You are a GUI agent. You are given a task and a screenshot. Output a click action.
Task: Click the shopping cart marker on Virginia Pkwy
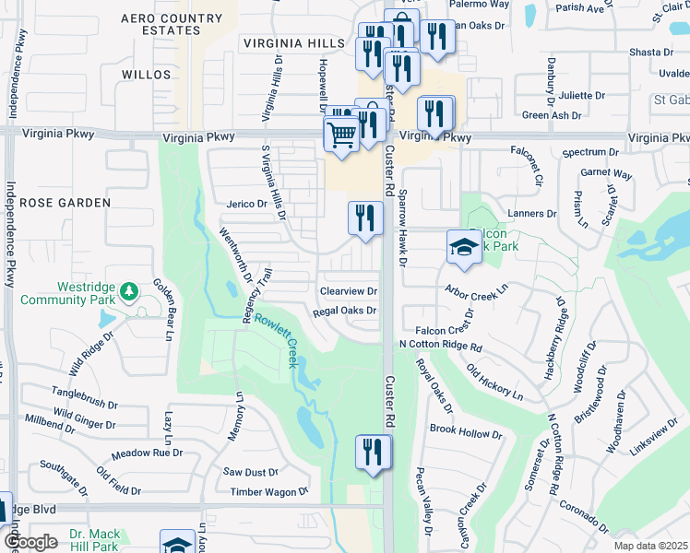coord(341,135)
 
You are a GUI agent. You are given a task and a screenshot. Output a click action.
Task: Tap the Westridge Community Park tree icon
coord(130,291)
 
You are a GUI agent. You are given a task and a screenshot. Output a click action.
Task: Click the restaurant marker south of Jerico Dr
coord(365,218)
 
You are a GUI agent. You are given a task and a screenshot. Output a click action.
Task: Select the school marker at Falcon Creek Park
coord(464,246)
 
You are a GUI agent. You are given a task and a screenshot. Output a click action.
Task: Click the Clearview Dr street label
coord(349,291)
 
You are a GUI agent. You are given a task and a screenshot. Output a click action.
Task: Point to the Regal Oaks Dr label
coord(345,312)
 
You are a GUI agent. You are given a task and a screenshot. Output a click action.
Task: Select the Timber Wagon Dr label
coord(269,492)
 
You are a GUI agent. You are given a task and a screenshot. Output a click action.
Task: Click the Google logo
coord(30,541)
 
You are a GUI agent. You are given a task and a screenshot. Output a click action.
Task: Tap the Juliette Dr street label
coord(581,95)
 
